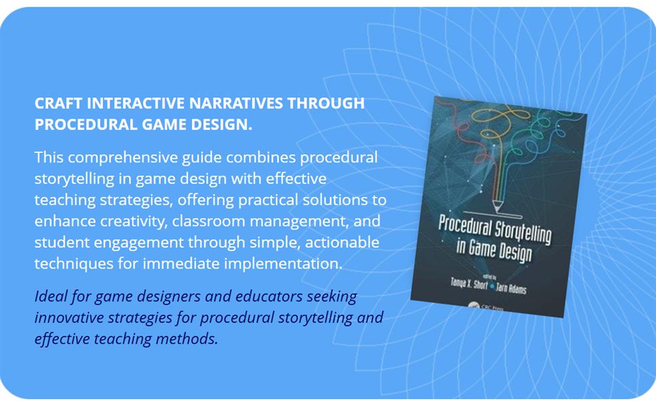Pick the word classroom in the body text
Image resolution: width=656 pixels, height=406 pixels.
tap(207, 221)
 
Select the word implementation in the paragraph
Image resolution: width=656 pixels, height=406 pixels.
tap(277, 263)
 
